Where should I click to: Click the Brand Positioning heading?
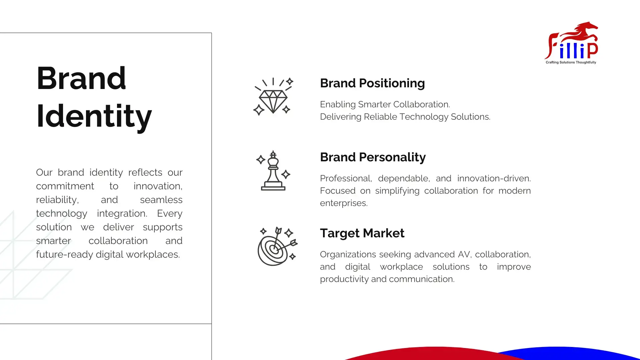372,83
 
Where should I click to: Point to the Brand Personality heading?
373,157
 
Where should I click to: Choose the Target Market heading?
362,233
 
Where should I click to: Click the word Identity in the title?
94,116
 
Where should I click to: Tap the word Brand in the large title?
81,78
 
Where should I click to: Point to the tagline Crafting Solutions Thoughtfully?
571,62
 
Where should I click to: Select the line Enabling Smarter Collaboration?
385,104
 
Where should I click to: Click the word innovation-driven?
494,178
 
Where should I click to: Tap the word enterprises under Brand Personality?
344,203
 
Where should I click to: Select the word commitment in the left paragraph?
65,186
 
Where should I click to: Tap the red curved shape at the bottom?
433,354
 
